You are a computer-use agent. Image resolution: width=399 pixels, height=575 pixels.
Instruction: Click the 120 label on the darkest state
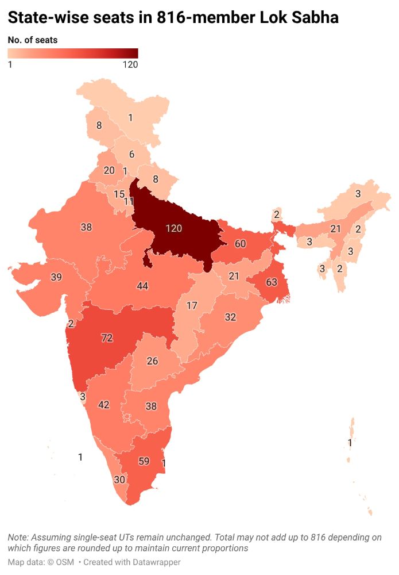coord(174,228)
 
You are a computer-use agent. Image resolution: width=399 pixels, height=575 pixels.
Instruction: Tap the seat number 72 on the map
coord(107,338)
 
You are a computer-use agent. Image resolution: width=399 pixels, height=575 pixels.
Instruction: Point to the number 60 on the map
coord(240,244)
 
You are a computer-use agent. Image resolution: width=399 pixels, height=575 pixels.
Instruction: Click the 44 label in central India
coord(143,286)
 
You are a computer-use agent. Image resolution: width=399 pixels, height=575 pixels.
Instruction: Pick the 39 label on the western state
coord(56,277)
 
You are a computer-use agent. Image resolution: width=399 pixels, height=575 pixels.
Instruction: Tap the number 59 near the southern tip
coord(144,461)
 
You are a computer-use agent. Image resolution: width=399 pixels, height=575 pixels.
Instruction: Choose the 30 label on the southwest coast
coord(119,480)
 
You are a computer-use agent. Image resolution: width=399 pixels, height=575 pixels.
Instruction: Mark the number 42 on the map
coord(104,405)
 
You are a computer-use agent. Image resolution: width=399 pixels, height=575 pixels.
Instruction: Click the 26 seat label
coord(152,361)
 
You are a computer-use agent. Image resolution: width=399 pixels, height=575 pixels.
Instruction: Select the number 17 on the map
coord(192,305)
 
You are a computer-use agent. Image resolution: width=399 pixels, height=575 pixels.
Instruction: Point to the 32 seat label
coord(230,317)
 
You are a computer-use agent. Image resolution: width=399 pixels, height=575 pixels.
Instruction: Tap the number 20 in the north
coord(109,170)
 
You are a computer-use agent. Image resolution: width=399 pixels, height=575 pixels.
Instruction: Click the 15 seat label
coord(119,194)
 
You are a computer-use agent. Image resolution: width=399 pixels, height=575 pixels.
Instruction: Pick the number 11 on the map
coord(129,201)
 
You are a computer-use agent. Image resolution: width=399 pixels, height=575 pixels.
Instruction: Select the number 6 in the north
coord(131,154)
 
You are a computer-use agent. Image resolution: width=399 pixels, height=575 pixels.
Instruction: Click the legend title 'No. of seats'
coord(33,40)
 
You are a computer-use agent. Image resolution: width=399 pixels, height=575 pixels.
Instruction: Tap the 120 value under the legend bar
coord(130,64)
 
